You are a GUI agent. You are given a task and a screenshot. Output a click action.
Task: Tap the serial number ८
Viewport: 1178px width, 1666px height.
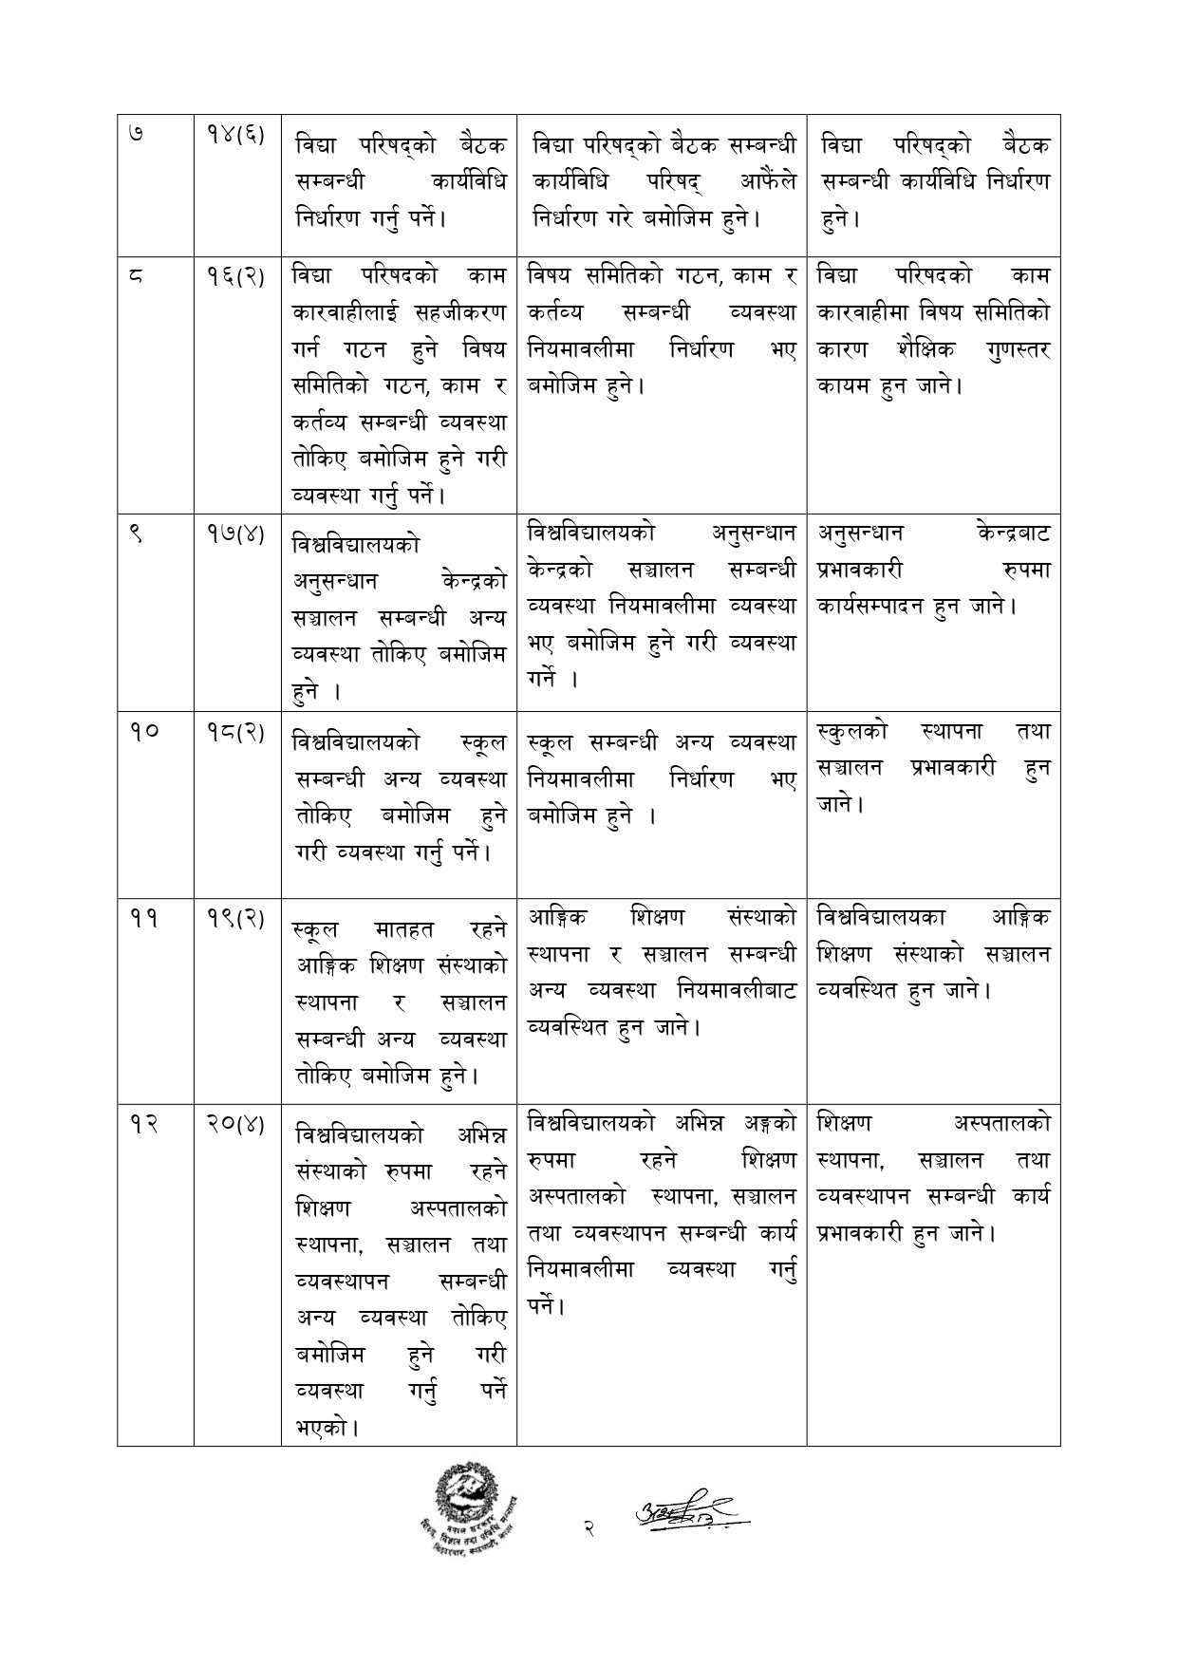[134, 276]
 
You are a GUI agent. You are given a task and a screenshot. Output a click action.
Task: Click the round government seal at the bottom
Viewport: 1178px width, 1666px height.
[465, 1519]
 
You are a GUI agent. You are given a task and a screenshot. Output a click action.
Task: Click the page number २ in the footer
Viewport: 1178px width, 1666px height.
[589, 1529]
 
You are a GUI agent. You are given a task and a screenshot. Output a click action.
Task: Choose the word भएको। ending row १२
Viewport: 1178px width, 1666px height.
[327, 1427]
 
